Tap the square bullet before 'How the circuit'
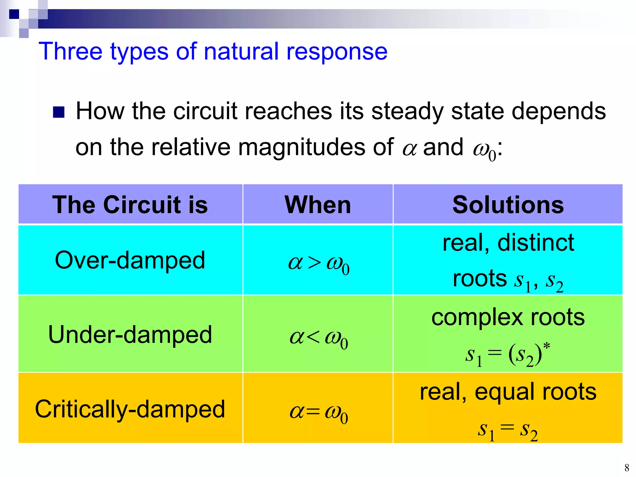pyautogui.click(x=58, y=112)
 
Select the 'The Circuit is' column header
pyautogui.click(x=130, y=205)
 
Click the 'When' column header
pyautogui.click(x=318, y=205)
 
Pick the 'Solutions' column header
pyautogui.click(x=508, y=205)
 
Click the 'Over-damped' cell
pyautogui.click(x=130, y=260)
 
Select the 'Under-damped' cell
pyautogui.click(x=130, y=334)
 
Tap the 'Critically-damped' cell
pyautogui.click(x=130, y=409)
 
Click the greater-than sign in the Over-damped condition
pyautogui.click(x=314, y=263)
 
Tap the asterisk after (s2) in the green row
pyautogui.click(x=547, y=345)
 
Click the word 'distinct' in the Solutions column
pyautogui.click(x=536, y=243)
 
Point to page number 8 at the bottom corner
pyautogui.click(x=627, y=467)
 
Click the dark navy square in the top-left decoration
pyautogui.click(x=14, y=14)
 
